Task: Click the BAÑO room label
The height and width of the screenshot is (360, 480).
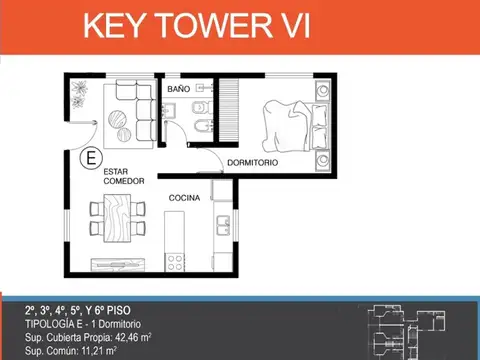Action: [x=179, y=89]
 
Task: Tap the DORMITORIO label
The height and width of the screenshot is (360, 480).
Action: [x=252, y=163]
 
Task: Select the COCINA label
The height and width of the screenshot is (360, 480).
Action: [x=184, y=198]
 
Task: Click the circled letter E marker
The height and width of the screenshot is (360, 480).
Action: [x=91, y=158]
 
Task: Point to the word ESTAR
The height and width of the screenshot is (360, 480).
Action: [x=116, y=172]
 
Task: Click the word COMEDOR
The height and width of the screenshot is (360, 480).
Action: [x=124, y=181]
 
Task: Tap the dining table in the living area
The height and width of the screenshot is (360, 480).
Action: [x=117, y=218]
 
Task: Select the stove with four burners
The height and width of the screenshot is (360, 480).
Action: [x=175, y=263]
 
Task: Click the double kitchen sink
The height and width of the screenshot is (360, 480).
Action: [x=223, y=225]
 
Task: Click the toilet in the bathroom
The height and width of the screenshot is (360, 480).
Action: [x=202, y=108]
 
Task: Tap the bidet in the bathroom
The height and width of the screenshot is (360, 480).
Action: [x=203, y=126]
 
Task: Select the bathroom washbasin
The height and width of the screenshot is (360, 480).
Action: [x=169, y=111]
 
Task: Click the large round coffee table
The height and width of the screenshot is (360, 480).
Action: [x=118, y=119]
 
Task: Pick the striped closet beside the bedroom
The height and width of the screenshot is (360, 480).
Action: [x=229, y=110]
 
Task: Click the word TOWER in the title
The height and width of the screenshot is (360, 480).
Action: [x=213, y=26]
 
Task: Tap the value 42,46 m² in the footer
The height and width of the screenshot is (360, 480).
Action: [x=133, y=337]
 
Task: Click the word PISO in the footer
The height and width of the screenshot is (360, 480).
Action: [x=119, y=311]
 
